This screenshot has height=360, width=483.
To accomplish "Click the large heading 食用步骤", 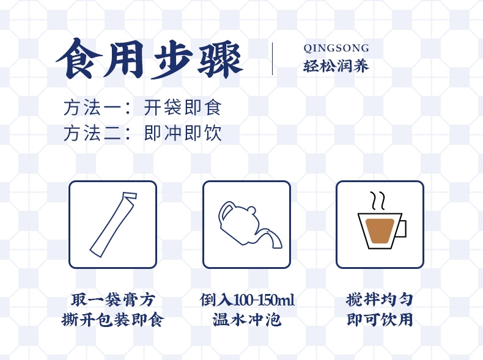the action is point(149,59).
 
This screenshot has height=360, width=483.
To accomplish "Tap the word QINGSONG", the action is point(336,48).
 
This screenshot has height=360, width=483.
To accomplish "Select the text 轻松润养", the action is point(336,66).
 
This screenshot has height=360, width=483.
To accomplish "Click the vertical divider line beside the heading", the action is point(272,59).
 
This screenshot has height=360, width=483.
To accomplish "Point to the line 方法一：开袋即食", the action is point(142,108).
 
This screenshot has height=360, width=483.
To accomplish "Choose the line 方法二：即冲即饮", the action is point(142,133).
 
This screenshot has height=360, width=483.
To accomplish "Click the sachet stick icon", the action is point(113,224).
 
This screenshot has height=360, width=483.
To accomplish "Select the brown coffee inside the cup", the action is point(380,230).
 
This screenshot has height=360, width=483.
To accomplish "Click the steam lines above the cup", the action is point(378,200).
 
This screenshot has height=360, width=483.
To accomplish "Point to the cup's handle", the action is point(403,228).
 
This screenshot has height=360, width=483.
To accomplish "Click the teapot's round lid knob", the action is point(251,211).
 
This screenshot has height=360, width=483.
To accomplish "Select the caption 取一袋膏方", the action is point(112,299).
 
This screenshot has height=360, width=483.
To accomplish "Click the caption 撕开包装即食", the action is point(112,319).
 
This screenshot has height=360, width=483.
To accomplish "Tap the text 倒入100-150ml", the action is point(247,299).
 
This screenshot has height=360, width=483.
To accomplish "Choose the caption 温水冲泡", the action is point(246,319).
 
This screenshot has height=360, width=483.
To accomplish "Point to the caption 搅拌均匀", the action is point(380,299).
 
